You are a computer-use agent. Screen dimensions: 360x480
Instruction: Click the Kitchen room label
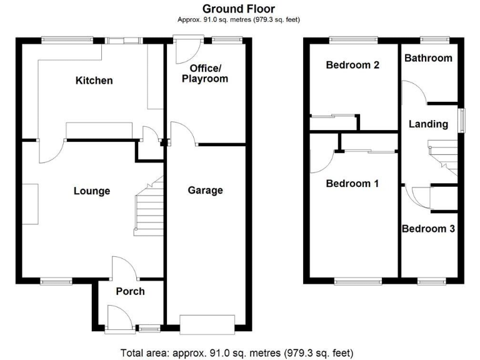94,81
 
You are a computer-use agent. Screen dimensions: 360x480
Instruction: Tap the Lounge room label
92,191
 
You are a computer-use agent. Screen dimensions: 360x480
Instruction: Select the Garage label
205,191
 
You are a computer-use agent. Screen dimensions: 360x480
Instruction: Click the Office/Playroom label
204,73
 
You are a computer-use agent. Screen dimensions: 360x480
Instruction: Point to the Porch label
130,291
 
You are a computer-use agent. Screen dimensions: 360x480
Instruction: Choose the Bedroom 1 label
352,184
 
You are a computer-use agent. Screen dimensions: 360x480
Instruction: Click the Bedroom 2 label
352,65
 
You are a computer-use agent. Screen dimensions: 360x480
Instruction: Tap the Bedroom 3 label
428,229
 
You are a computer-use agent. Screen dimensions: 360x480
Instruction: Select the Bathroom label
428,58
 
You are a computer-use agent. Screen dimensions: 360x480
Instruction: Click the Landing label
428,124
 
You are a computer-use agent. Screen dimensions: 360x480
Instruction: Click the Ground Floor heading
239,9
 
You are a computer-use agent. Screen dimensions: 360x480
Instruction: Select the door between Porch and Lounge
124,269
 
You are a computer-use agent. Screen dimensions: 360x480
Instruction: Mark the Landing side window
461,120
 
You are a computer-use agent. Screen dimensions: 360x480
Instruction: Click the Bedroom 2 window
353,40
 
